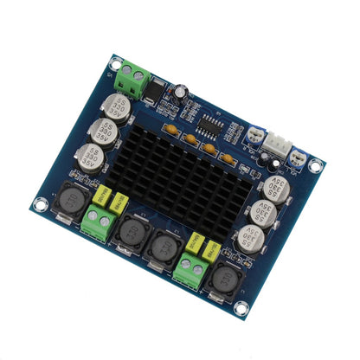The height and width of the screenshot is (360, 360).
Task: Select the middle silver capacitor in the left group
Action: (103, 132)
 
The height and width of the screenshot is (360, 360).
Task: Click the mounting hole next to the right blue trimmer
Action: (316, 164)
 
